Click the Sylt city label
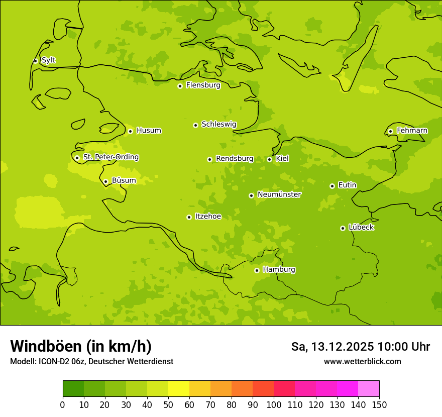48,60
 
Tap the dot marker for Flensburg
180,86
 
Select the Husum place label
149,131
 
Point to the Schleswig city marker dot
195,125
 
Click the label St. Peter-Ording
111,157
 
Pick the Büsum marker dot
105,181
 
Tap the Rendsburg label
235,159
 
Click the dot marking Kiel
269,159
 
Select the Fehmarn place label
412,131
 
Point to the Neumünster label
279,194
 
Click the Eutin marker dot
332,186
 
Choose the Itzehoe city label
208,217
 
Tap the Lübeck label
361,228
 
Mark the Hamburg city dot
257,270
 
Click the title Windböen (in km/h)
81,346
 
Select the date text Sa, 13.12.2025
333,347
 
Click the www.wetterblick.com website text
362,361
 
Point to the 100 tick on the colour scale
274,404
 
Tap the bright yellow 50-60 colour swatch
179,389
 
